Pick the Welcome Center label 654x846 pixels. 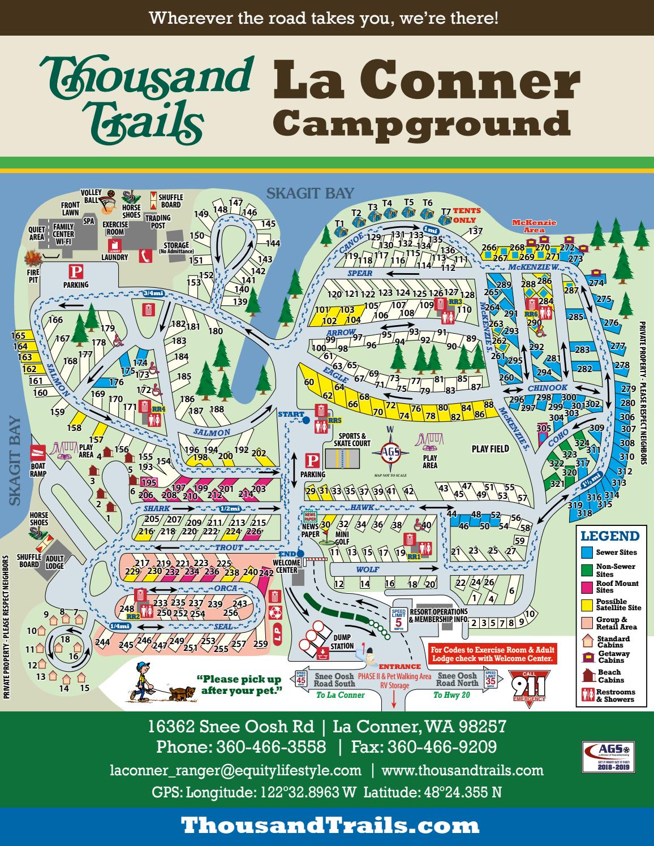click(286, 566)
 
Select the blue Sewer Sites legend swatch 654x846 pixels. click(587, 552)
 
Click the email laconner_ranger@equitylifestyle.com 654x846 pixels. click(235, 770)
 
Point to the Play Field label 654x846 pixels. click(490, 449)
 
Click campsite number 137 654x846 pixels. click(475, 231)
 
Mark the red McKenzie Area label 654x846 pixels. click(533, 226)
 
